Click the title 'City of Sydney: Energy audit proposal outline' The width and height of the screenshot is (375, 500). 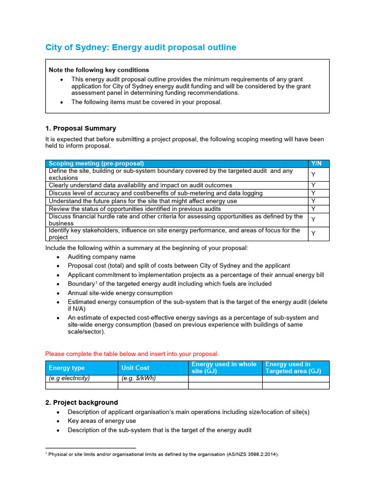click(141, 47)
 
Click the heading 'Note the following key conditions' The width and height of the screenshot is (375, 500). click(99, 70)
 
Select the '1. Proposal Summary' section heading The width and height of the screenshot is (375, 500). click(81, 128)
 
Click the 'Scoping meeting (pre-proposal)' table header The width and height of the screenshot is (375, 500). click(96, 163)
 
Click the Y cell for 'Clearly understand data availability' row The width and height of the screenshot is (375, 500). click(313, 186)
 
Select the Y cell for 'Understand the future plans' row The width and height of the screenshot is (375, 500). click(313, 201)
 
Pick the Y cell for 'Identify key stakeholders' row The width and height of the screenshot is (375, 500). click(313, 234)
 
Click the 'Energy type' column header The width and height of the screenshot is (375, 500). click(67, 368)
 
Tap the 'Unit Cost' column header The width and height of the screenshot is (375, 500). click(135, 368)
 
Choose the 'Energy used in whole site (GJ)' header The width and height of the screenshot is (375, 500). click(224, 368)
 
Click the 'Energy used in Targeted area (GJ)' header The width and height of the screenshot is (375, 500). click(293, 368)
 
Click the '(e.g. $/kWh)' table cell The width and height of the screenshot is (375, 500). click(138, 378)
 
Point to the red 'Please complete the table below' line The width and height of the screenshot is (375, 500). click(132, 354)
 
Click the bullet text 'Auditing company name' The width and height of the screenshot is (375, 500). click(102, 257)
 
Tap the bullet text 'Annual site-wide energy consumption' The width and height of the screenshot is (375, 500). click(120, 293)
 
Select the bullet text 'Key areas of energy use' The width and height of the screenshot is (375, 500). click(102, 421)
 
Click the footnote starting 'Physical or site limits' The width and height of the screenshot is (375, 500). click(163, 454)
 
